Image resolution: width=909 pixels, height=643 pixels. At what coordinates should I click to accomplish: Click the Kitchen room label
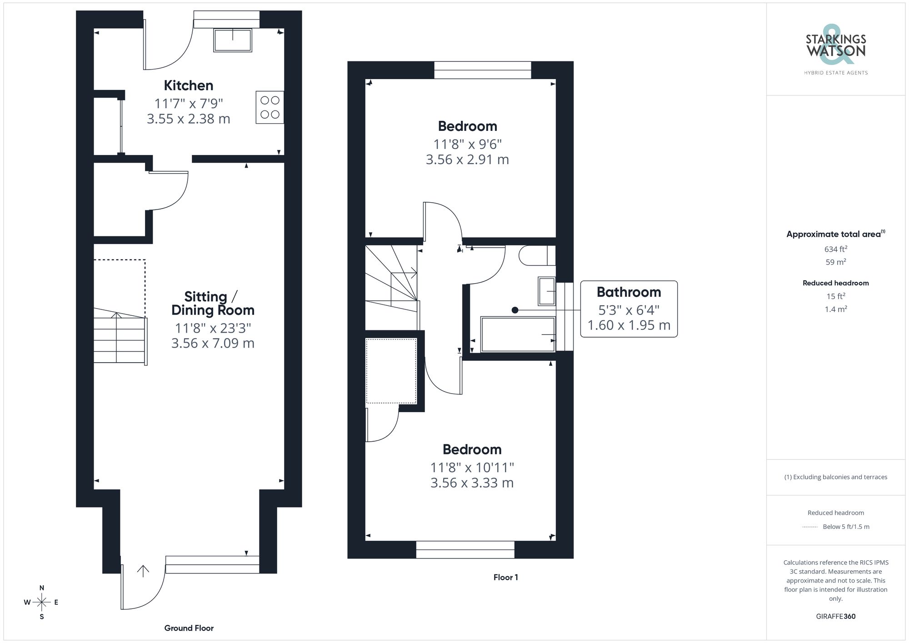188,85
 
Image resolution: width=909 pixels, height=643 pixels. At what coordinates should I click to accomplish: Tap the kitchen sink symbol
232,40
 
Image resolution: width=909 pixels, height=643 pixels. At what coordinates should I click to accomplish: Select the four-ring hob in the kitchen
270,107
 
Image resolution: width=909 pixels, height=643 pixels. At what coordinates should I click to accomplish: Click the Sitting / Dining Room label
212,304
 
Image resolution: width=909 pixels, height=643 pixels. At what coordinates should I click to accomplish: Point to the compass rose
42,603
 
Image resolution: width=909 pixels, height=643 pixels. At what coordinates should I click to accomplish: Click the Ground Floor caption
189,628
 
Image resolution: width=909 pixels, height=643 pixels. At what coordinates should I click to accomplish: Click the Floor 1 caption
505,577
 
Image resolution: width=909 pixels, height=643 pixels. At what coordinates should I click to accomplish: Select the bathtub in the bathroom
518,334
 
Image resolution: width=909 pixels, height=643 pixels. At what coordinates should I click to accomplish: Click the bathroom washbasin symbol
546,291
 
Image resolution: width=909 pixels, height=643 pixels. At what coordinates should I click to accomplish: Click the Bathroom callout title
629,292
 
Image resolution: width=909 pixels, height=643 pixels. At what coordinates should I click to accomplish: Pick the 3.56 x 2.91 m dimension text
467,160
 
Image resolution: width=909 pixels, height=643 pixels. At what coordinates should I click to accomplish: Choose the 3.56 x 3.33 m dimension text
472,483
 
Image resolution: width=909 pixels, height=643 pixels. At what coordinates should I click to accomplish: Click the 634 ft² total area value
835,249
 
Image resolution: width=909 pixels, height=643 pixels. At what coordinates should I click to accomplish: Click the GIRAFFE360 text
835,616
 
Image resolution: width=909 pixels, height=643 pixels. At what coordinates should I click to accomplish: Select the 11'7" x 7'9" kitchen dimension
189,104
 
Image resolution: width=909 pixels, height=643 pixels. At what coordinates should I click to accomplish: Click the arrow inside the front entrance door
143,571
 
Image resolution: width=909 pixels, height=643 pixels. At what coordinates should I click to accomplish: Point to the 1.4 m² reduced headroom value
835,309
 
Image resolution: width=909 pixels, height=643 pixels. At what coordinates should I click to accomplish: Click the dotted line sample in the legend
810,527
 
